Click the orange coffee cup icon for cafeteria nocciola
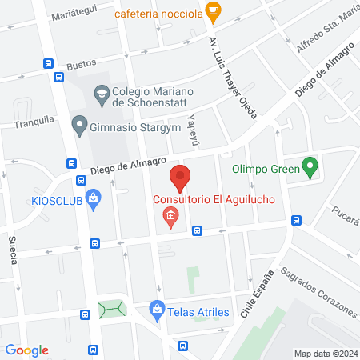coord(212,10)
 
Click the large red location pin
coord(180,177)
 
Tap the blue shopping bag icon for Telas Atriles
coord(158,309)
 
